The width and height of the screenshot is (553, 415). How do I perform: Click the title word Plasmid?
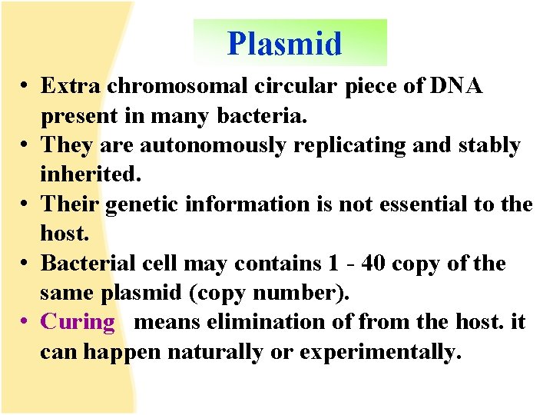point(284,44)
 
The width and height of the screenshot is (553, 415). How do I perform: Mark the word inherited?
point(90,174)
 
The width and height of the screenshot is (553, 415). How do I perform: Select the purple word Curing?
point(77,322)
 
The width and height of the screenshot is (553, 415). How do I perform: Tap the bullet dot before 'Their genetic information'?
point(25,205)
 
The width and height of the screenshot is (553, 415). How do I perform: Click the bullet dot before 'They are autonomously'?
point(25,146)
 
